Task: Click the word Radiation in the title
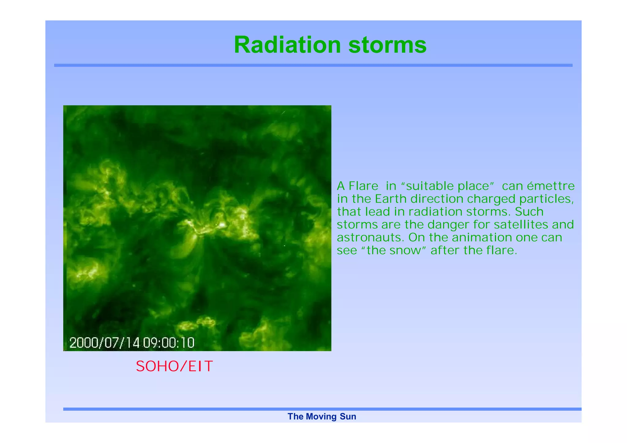[x=287, y=45]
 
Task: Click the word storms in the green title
[x=387, y=45]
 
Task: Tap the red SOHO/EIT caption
[x=174, y=366]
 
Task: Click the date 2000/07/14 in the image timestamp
[x=104, y=343]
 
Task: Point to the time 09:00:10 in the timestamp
[x=169, y=343]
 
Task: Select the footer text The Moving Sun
[x=322, y=416]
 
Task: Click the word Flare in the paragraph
[x=363, y=186]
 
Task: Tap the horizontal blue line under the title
[x=313, y=65]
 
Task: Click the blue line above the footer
[x=322, y=409]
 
